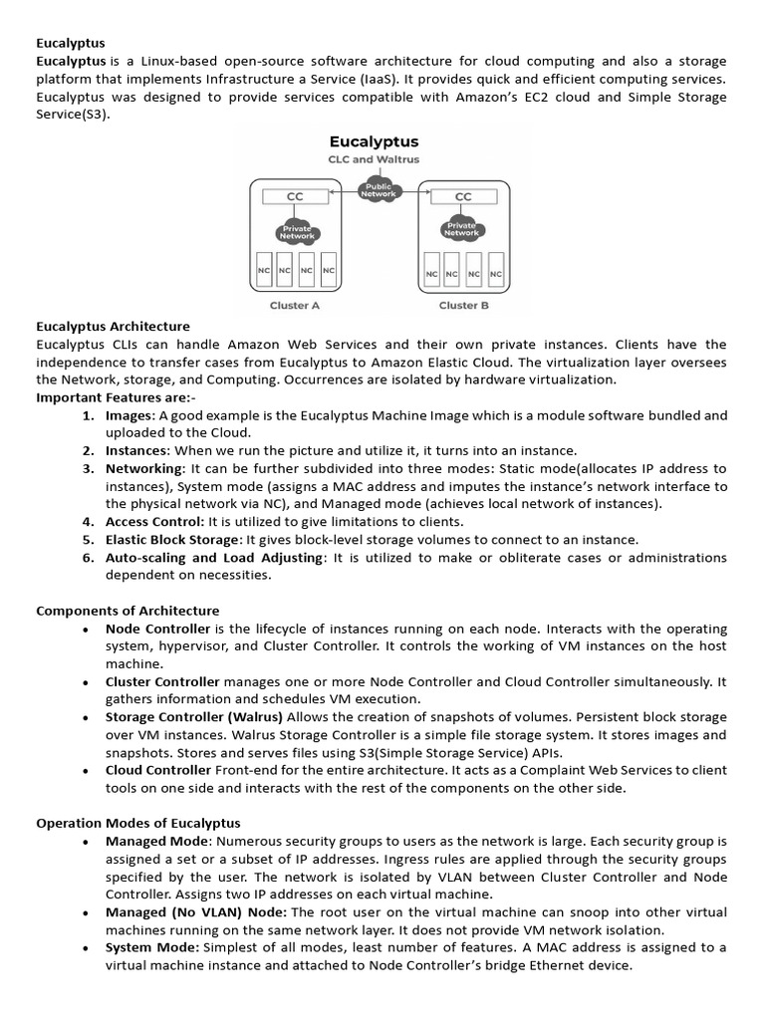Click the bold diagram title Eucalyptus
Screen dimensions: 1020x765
tap(374, 142)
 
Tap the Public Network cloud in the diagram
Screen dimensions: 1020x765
tap(379, 190)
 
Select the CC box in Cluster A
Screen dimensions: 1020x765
tap(295, 197)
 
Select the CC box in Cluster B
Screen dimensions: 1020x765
tap(463, 197)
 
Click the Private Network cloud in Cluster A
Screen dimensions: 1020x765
tap(296, 232)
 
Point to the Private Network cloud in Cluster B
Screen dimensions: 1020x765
tap(463, 228)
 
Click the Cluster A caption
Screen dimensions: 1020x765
tap(295, 306)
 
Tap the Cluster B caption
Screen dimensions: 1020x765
tap(463, 306)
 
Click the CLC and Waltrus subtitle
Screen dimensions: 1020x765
tap(374, 160)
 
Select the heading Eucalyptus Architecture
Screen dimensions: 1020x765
tap(113, 326)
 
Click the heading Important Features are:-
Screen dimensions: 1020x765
tap(116, 397)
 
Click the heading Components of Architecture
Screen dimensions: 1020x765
tap(127, 611)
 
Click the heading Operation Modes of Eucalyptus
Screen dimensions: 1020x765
tap(137, 823)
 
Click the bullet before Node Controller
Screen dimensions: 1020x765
tap(88, 630)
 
